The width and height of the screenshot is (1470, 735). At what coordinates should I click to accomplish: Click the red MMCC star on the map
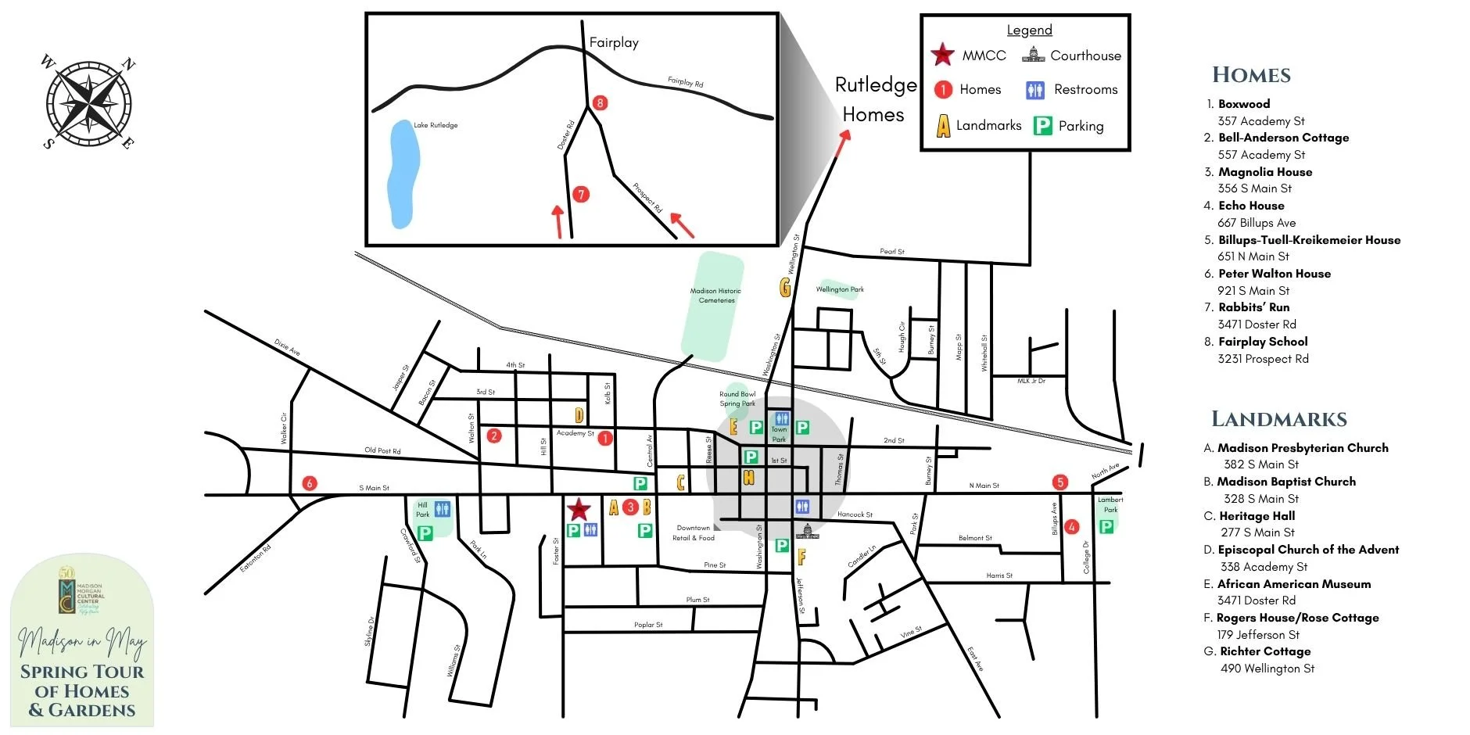point(578,509)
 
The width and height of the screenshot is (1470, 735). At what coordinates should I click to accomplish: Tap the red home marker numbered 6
point(310,483)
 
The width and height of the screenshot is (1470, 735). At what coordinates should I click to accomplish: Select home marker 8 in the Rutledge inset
point(600,102)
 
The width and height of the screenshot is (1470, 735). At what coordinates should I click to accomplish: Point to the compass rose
point(88,102)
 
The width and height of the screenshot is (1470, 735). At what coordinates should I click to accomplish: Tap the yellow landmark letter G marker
point(785,288)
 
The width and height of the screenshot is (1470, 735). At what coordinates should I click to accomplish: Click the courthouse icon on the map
point(807,532)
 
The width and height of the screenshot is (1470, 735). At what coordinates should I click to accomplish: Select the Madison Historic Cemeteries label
point(715,296)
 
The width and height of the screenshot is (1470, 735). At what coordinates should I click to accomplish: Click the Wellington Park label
point(840,289)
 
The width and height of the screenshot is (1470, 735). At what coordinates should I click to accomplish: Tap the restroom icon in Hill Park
point(443,509)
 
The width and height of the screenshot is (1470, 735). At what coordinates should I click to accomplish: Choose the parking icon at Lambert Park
point(1106,526)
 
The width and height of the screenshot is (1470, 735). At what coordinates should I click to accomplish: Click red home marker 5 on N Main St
point(1059,482)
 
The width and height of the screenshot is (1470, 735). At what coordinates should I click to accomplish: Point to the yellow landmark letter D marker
point(579,415)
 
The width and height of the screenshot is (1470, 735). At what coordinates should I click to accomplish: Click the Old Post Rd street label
point(382,450)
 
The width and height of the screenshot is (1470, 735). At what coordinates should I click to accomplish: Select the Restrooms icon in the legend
point(1035,91)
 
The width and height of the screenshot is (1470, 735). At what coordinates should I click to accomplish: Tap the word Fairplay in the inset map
point(614,43)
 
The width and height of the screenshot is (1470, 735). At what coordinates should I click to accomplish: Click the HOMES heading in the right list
point(1251,75)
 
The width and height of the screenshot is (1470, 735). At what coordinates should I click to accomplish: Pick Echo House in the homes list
point(1251,206)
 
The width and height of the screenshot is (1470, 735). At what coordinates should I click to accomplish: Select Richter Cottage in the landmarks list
point(1265,651)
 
